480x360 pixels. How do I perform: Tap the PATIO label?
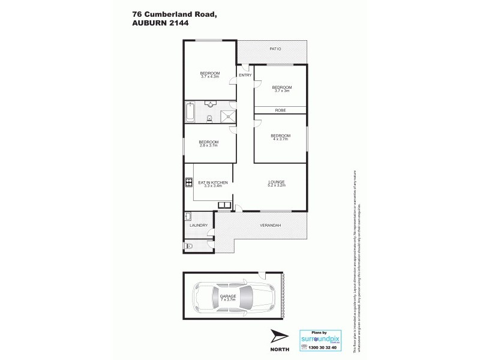(x=275, y=49)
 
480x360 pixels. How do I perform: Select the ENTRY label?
(x=245, y=75)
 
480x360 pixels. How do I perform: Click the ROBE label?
(x=280, y=110)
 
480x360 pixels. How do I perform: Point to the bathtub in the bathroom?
(x=190, y=112)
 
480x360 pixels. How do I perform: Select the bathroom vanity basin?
(x=210, y=104)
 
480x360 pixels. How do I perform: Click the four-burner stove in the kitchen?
(x=188, y=183)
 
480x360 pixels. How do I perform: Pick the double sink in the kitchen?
(x=224, y=205)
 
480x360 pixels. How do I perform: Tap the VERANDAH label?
(x=270, y=226)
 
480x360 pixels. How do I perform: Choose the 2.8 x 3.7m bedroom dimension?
(x=208, y=146)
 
